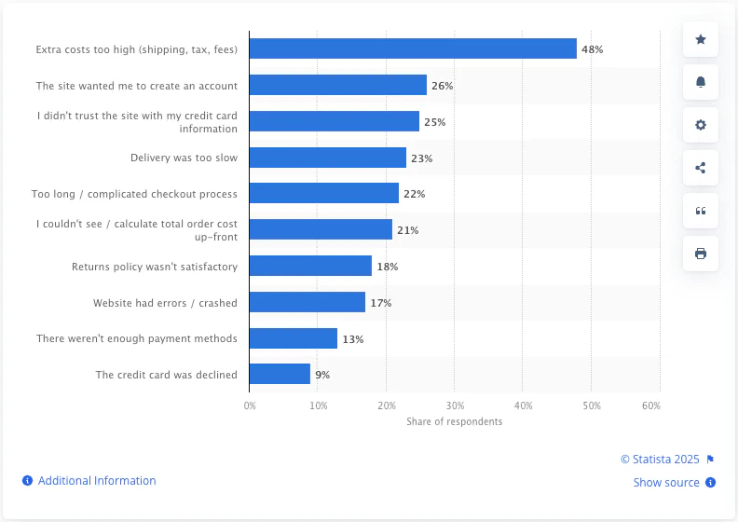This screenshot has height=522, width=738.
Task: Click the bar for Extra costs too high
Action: coord(413,48)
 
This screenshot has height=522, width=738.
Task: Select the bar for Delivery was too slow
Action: coord(328,158)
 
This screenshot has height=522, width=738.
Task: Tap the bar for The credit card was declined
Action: coord(280,375)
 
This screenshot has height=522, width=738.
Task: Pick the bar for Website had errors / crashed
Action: coord(307,303)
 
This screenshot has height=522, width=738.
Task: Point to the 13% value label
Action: coord(353,339)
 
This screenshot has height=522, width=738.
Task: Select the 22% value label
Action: coord(415,194)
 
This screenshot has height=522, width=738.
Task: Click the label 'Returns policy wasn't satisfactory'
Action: coord(155,267)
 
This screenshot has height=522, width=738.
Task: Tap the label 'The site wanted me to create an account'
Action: coord(137,86)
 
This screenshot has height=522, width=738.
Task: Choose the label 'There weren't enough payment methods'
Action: coord(137,338)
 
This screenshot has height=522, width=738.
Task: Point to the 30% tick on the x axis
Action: coord(455,405)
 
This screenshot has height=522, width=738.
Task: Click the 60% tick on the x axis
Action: coord(651,405)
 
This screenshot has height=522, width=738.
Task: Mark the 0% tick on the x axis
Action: coord(250,405)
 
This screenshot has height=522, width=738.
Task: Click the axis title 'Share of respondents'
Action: coord(455,421)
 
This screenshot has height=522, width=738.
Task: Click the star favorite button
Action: coord(701,39)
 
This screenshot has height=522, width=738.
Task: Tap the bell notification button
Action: coord(701,82)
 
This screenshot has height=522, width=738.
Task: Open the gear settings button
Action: coord(701,125)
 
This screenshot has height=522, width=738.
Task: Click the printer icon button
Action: coord(701,254)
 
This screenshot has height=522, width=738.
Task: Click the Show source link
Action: coord(666,483)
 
